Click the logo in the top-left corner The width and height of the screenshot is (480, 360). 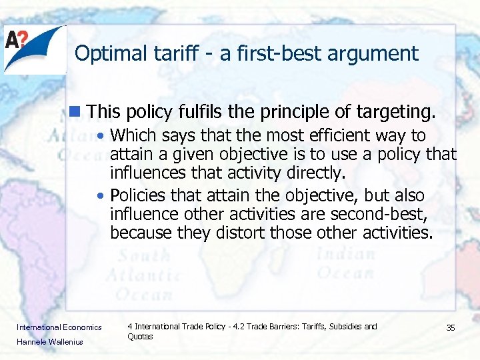(34, 49)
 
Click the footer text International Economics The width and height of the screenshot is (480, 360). (59, 327)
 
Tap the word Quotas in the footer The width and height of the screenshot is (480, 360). (140, 337)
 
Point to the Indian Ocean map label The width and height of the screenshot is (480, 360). (346, 263)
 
